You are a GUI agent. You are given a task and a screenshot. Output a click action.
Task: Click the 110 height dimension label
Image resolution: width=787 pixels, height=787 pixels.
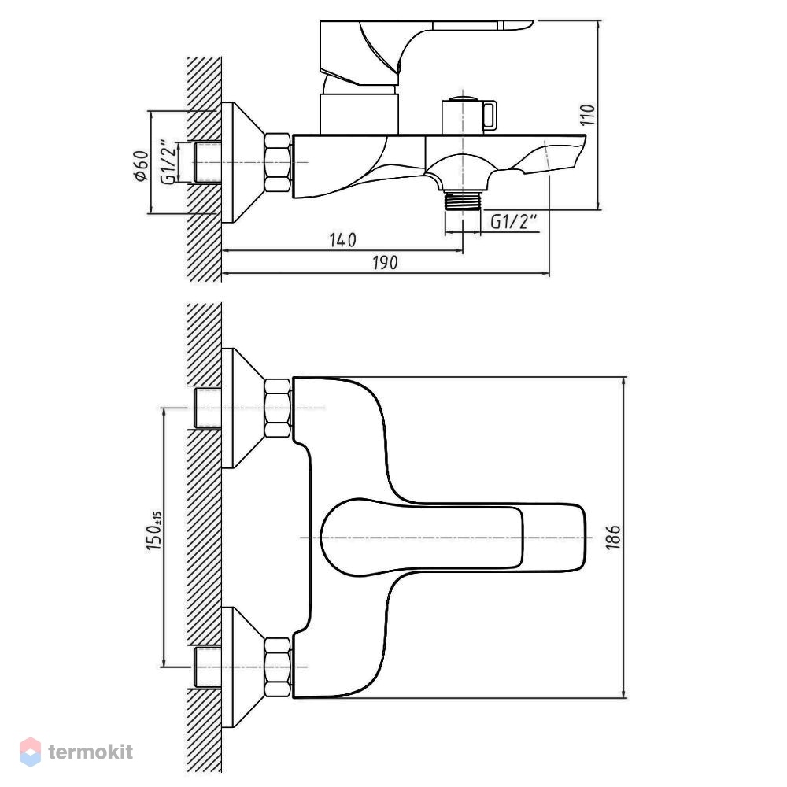[x=589, y=114]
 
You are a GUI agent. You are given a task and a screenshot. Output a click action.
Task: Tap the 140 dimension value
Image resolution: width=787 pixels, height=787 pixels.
[x=343, y=240]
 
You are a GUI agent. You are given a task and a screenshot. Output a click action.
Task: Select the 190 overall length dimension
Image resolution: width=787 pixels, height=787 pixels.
[x=385, y=263]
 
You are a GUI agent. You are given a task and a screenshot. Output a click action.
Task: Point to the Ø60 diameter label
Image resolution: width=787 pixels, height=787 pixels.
[x=142, y=165]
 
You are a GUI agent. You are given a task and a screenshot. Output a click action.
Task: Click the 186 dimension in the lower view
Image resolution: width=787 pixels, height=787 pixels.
[x=613, y=538]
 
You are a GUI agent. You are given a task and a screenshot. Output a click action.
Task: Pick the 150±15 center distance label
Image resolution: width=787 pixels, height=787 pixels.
[x=154, y=531]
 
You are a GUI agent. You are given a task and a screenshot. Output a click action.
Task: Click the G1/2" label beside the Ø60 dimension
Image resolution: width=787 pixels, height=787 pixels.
[x=168, y=161]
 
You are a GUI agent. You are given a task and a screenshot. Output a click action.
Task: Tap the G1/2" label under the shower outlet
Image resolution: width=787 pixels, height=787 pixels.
[x=513, y=221]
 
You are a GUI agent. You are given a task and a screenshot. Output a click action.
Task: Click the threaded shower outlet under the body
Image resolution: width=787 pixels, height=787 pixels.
[x=463, y=200]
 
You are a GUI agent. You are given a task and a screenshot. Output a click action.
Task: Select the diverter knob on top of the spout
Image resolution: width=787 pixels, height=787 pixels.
[x=469, y=115]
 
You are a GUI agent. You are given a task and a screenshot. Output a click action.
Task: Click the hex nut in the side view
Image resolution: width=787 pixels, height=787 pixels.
[x=278, y=163]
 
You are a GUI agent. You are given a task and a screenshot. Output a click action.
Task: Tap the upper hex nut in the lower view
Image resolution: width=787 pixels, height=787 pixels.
[x=278, y=408]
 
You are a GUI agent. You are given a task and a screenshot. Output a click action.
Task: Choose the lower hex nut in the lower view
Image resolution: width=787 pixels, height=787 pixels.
[x=278, y=667]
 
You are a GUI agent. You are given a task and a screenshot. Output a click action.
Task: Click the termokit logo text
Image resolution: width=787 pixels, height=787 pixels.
[x=91, y=752]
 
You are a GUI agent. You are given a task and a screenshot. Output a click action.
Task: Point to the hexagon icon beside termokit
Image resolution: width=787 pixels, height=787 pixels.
[x=30, y=752]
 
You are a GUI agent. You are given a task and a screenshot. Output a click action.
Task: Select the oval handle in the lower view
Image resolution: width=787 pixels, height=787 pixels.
[x=422, y=537]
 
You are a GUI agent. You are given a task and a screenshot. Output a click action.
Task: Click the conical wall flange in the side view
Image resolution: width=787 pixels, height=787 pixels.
[x=243, y=163]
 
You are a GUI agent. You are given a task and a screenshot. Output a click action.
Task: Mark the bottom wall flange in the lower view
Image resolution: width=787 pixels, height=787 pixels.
[x=243, y=667]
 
